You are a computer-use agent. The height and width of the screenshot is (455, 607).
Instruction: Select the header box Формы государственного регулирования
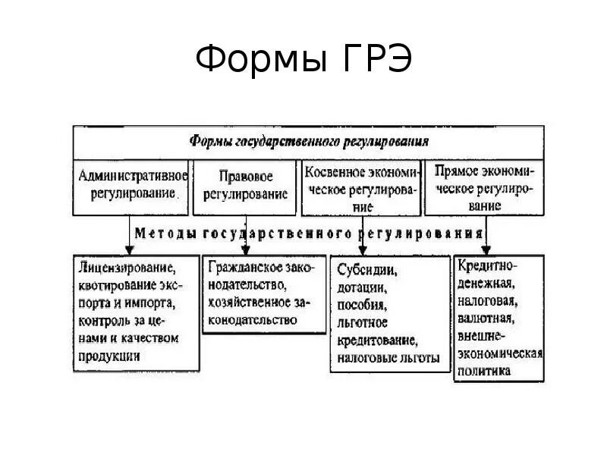pyautogui.click(x=308, y=142)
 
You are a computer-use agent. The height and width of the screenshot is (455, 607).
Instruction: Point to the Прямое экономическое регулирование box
pyautogui.click(x=483, y=187)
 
